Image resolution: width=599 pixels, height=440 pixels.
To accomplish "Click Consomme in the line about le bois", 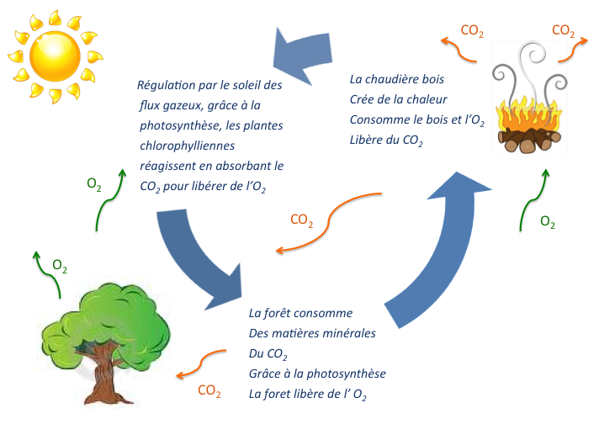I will [378, 119].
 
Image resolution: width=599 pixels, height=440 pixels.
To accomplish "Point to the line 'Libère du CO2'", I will [386, 140].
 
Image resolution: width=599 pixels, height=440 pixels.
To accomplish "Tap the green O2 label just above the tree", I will [60, 266].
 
